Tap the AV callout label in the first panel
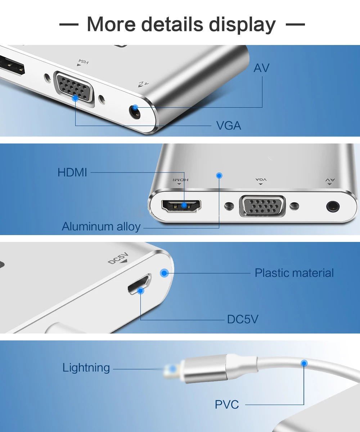pyautogui.click(x=261, y=68)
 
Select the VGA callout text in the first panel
pyautogui.click(x=228, y=126)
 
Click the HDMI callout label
pyautogui.click(x=72, y=172)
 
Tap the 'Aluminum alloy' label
pyautogui.click(x=101, y=227)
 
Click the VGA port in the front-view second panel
pyautogui.click(x=262, y=206)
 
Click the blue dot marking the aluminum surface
pyautogui.click(x=219, y=175)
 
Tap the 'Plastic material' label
pyautogui.click(x=294, y=273)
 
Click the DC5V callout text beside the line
pyautogui.click(x=242, y=319)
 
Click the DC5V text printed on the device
pyautogui.click(x=118, y=259)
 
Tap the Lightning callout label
pyautogui.click(x=86, y=368)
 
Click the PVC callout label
pyautogui.click(x=227, y=405)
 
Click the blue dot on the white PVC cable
pyautogui.click(x=304, y=363)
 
